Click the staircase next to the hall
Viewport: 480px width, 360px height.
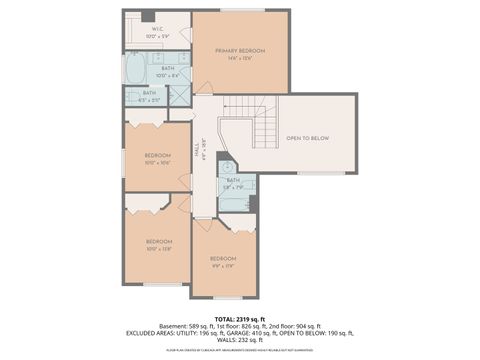(265, 129)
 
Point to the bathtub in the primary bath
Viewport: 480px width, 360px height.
(136, 70)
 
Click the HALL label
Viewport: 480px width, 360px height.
(197, 151)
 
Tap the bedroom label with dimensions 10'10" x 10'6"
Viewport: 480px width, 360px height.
(159, 159)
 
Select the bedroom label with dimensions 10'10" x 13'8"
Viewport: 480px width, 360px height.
(159, 245)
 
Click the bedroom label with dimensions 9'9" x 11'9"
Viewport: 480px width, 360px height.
(222, 262)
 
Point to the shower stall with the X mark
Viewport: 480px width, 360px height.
(180, 96)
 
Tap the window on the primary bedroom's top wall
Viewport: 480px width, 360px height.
(242, 10)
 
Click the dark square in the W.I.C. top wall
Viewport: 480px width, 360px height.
(148, 15)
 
